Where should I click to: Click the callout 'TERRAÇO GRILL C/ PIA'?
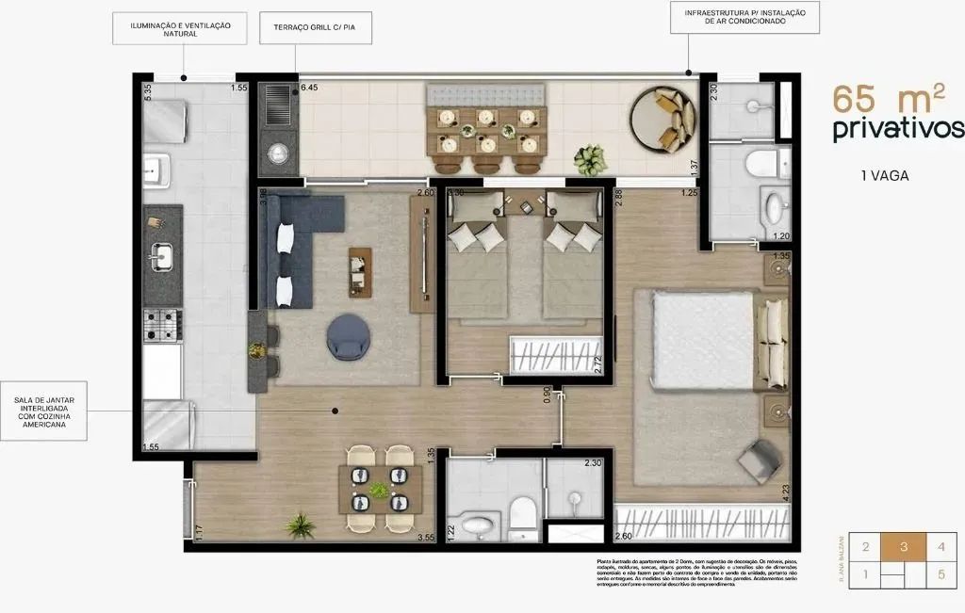pos(316,27)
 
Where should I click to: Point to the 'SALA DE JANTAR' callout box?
pos(46,411)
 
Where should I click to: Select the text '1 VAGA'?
pos(885,175)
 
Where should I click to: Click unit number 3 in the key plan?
pos(903,547)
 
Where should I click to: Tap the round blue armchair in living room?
pos(349,337)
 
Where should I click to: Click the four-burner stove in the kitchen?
pos(161,326)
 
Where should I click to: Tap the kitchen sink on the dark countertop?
pos(162,254)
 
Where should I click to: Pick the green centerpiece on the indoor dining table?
pos(379,491)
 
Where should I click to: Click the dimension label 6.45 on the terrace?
pos(309,89)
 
